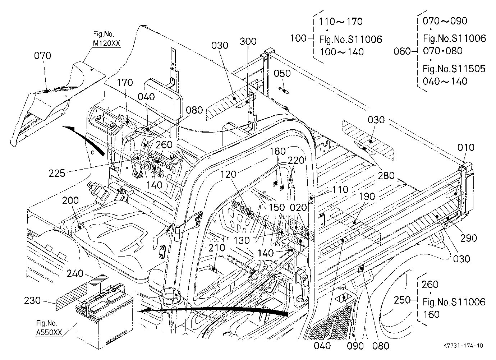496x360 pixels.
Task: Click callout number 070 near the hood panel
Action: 42,56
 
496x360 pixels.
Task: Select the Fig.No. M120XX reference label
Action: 106,39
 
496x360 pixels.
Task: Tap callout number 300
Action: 248,41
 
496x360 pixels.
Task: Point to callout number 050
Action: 282,74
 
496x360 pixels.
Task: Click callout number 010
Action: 466,147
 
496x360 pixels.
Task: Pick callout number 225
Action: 57,173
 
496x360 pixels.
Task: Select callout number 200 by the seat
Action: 70,200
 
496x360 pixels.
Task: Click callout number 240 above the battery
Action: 75,274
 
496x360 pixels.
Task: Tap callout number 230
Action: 32,301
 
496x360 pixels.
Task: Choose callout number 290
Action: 469,238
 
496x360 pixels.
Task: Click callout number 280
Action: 386,176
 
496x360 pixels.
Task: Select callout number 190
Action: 367,197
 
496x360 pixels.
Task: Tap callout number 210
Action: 217,248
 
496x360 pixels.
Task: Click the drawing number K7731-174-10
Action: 463,346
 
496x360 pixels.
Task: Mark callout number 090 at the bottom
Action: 355,346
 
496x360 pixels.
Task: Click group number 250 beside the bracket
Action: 402,300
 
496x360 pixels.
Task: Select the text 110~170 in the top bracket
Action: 341,22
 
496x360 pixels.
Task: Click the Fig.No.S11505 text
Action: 454,69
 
